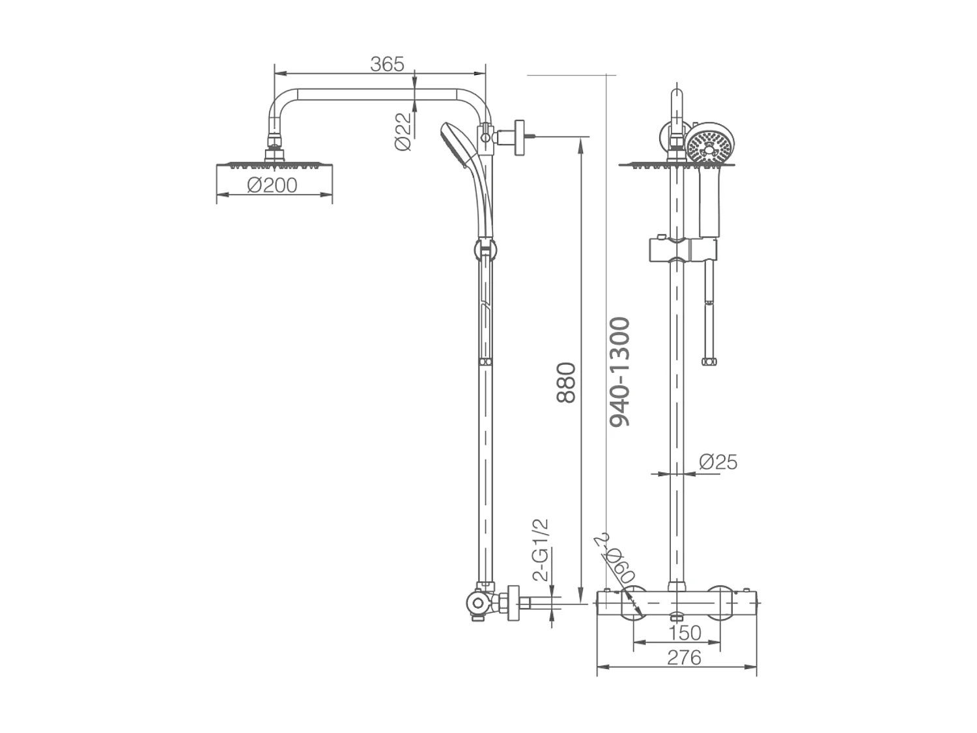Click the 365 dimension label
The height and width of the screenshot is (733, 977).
click(x=387, y=64)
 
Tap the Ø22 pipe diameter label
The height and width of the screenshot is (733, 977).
click(x=404, y=132)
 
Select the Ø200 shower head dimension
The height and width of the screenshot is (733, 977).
click(x=272, y=185)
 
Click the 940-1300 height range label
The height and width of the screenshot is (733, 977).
click(x=619, y=371)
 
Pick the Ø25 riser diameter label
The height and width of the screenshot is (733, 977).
click(x=718, y=462)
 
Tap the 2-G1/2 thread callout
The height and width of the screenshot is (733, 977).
click(x=541, y=551)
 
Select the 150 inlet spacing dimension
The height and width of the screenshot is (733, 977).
click(x=685, y=632)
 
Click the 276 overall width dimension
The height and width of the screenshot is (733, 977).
click(x=684, y=657)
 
